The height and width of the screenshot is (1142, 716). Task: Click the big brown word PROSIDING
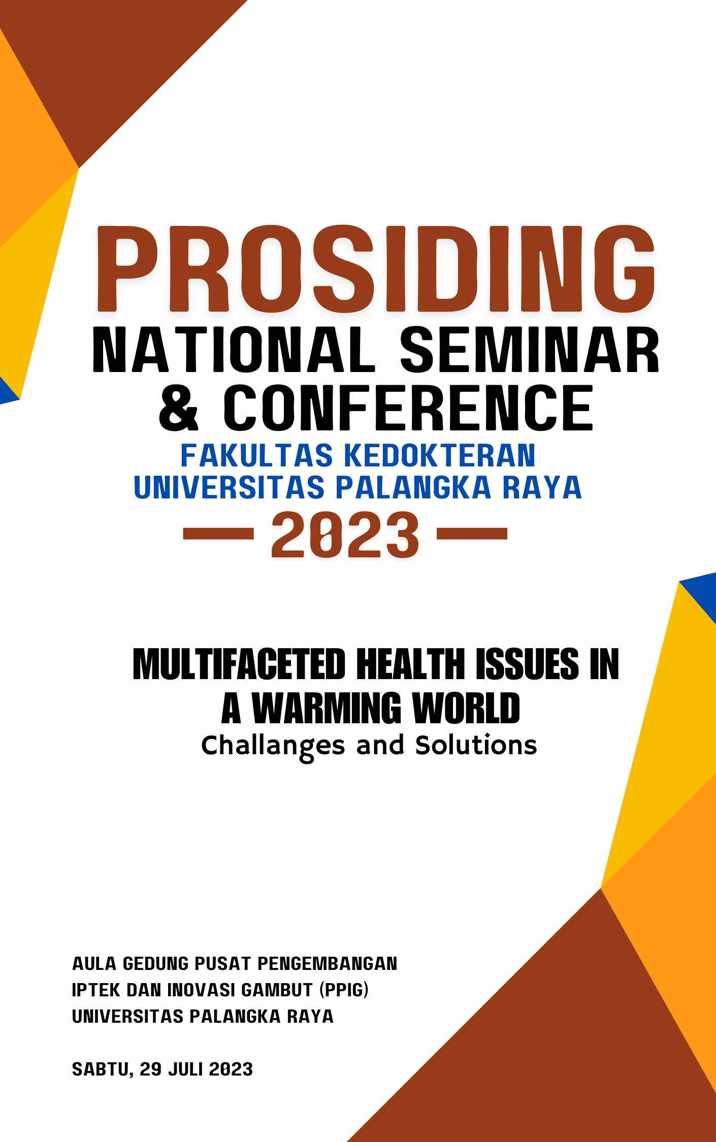(x=376, y=268)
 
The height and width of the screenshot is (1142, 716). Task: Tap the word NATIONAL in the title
(x=234, y=350)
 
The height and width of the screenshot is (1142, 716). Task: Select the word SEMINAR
(x=530, y=350)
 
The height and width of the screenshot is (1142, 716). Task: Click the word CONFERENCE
(x=408, y=408)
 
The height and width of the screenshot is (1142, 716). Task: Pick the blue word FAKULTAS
(x=257, y=455)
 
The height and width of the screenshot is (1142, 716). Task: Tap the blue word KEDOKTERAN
(x=440, y=455)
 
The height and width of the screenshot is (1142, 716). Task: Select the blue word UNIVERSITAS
(x=229, y=487)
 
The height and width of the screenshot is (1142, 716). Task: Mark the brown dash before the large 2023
(x=218, y=533)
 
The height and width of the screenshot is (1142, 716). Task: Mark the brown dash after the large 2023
(x=472, y=533)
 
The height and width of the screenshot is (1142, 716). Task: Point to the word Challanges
(x=273, y=746)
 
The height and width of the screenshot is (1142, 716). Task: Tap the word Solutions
(x=476, y=745)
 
